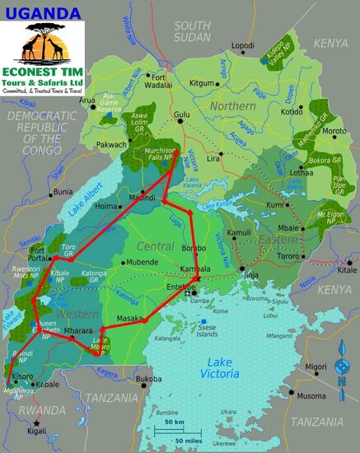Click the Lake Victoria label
pyautogui.click(x=221, y=368)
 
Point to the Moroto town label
pyautogui.click(x=333, y=131)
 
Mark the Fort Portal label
pyautogui.click(x=40, y=253)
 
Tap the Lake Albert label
pyautogui.click(x=85, y=202)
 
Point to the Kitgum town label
pyautogui.click(x=202, y=83)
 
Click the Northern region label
pyautogui.click(x=231, y=106)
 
